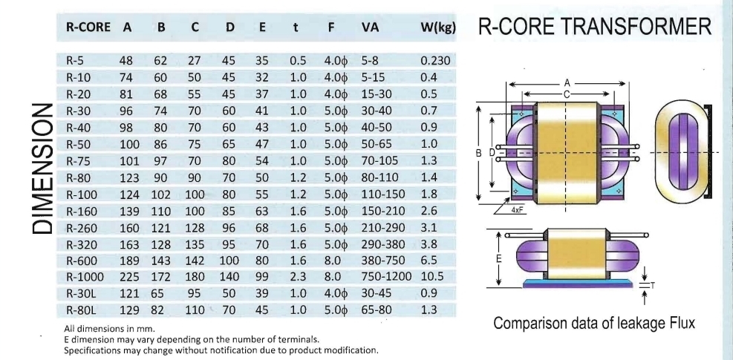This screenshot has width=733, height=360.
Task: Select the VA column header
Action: coord(371,28)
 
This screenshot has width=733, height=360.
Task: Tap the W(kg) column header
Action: coord(437,28)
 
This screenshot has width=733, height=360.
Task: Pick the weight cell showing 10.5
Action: coord(434,277)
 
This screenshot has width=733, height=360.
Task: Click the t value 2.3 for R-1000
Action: coord(297,277)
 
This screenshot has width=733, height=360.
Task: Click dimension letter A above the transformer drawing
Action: coord(567,83)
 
